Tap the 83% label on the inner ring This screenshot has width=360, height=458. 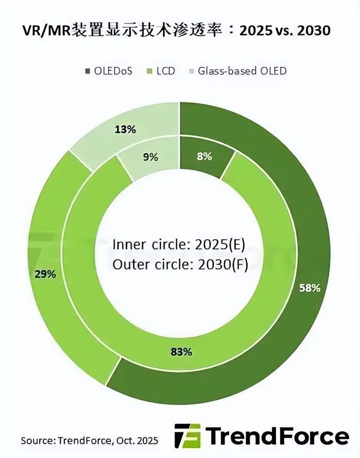(181, 352)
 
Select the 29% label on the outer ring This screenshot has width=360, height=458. (45, 274)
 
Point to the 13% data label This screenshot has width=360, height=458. (125, 129)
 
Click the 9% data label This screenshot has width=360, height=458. (151, 157)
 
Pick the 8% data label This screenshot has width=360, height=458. (205, 156)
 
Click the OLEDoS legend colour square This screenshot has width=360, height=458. (88, 71)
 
